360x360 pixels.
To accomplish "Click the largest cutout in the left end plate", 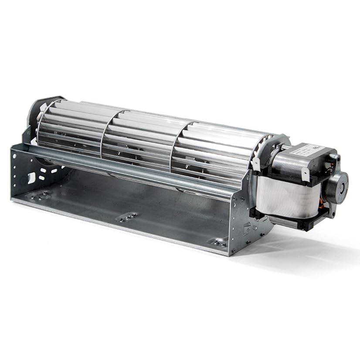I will pyautogui.click(x=31, y=177).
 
